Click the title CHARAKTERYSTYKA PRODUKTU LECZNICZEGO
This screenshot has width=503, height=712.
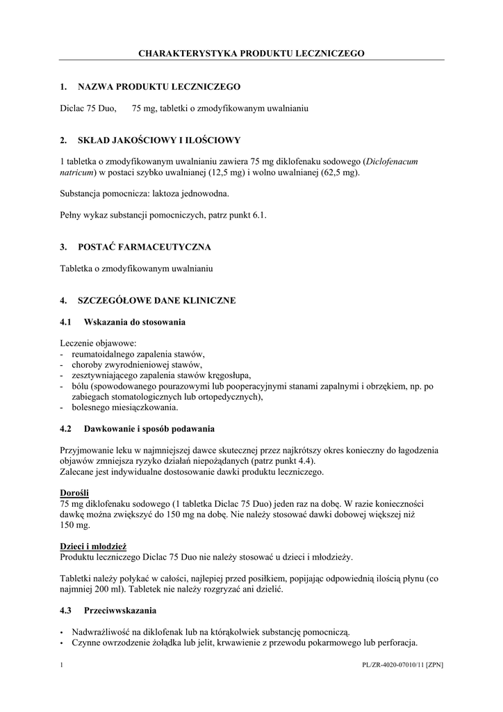251,53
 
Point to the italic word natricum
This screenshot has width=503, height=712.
77,172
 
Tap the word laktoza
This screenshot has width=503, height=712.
174,194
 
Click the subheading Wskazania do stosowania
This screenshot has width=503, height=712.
134,323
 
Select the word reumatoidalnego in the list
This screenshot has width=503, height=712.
102,354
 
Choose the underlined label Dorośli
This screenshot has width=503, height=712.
73,492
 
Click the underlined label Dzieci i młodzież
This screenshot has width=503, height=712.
93,546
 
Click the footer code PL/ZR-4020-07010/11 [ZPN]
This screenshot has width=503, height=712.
403,665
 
